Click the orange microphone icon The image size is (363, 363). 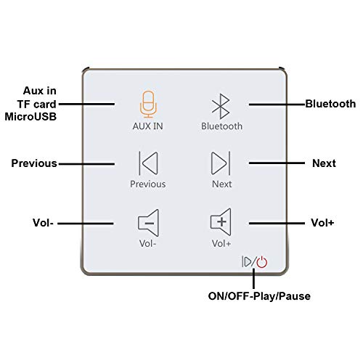[x=148, y=105]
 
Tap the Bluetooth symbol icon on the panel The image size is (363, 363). [x=221, y=106]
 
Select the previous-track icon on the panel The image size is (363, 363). [x=148, y=163]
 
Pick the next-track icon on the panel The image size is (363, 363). [x=221, y=163]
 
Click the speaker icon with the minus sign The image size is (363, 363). [x=148, y=223]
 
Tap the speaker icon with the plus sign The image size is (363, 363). [x=221, y=222]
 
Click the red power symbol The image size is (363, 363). [x=262, y=262]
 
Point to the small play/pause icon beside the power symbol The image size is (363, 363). [x=247, y=261]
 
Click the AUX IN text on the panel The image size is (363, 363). [x=148, y=126]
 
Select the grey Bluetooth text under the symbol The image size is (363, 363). [x=221, y=126]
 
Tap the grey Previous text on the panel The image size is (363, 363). [x=148, y=184]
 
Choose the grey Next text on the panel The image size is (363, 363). [x=221, y=184]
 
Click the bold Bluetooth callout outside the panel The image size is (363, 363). [x=330, y=104]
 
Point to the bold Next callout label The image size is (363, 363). [x=324, y=163]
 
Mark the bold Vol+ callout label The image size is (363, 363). [x=322, y=223]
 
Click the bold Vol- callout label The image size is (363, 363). [x=43, y=223]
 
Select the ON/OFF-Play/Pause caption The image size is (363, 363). [x=259, y=296]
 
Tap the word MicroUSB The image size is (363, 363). [x=30, y=117]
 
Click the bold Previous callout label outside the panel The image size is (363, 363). [x=34, y=163]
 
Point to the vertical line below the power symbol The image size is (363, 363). [x=253, y=278]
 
